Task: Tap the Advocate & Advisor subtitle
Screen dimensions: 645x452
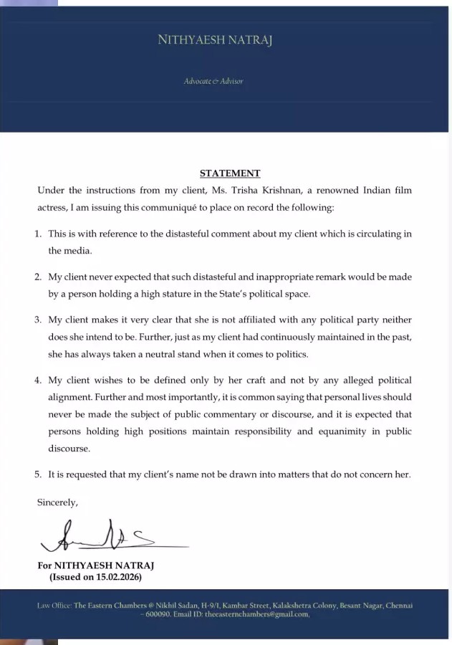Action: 213,81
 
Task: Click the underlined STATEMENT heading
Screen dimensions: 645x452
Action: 229,173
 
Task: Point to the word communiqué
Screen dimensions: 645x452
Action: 160,208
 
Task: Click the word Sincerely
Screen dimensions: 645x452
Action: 57,502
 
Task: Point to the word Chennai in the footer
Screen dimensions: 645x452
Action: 398,606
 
